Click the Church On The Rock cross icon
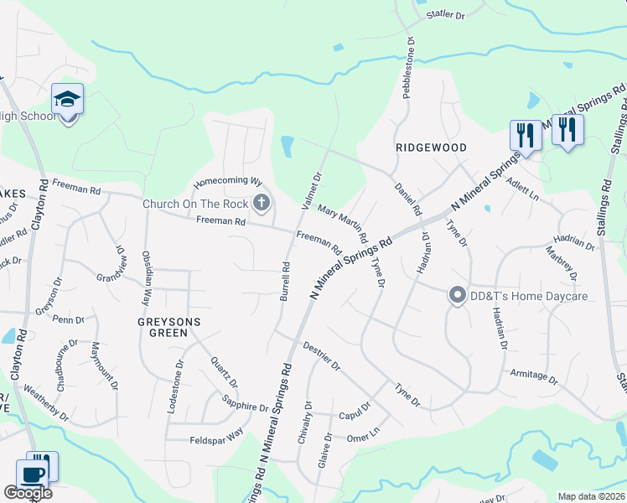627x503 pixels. (262, 202)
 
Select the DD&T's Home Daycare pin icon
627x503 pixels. (457, 295)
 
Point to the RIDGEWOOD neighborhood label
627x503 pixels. (431, 147)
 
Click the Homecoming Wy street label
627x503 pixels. (228, 181)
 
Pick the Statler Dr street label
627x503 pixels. (445, 14)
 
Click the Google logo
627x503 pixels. (28, 493)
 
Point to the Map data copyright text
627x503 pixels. (591, 496)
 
